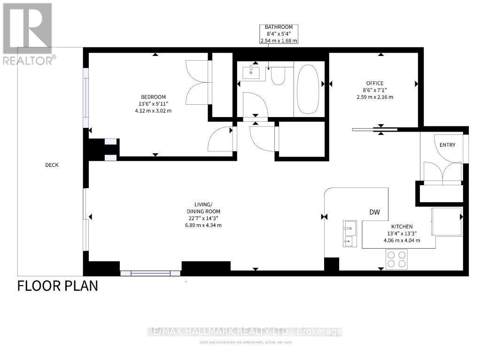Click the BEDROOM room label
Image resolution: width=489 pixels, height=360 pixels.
coord(155,97)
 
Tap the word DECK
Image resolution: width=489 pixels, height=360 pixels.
coord(52,165)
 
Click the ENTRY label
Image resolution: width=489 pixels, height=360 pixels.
coord(447,145)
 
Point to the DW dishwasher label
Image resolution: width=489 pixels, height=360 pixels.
coord(374,212)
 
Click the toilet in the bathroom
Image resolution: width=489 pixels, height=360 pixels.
coord(278,75)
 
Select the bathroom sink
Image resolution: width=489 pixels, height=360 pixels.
coord(250,72)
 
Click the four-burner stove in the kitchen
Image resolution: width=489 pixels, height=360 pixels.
coord(396,259)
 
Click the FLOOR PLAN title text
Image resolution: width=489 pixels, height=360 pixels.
coord(58,286)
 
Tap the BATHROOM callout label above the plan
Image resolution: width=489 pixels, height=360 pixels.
coord(279,34)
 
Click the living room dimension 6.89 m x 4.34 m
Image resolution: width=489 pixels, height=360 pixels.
coord(202,225)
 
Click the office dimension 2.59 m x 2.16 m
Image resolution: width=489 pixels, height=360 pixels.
coord(374,97)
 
